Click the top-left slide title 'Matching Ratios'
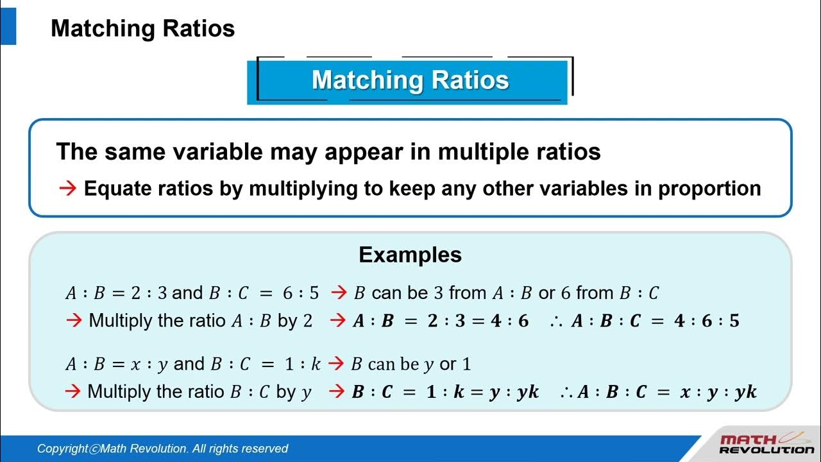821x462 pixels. [142, 29]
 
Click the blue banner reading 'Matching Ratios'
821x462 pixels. [410, 80]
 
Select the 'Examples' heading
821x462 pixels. [410, 255]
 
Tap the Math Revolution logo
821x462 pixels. [766, 444]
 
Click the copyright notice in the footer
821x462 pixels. [162, 449]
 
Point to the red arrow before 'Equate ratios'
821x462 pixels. [67, 189]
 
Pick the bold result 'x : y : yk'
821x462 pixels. [718, 392]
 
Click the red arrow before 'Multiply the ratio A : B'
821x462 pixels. [74, 321]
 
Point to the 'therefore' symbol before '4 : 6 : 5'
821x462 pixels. [555, 321]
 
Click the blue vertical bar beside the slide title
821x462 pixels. [8, 29]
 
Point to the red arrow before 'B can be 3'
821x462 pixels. [338, 293]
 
